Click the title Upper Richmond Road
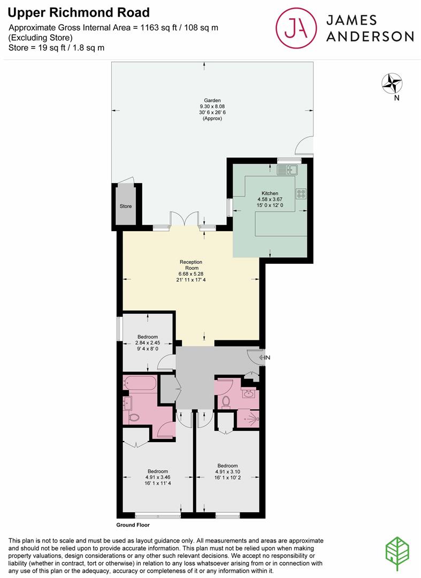point(79,12)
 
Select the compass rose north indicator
point(392,83)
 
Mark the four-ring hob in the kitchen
point(301,194)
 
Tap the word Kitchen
point(270,193)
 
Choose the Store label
point(126,206)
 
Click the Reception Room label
point(189,265)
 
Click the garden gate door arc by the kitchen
point(304,145)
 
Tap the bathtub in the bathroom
point(140,384)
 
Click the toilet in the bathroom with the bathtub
point(133,418)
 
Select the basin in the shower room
point(248,394)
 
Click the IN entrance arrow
point(264,357)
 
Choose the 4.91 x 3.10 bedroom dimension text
point(227,472)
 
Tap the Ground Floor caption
point(133,526)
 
